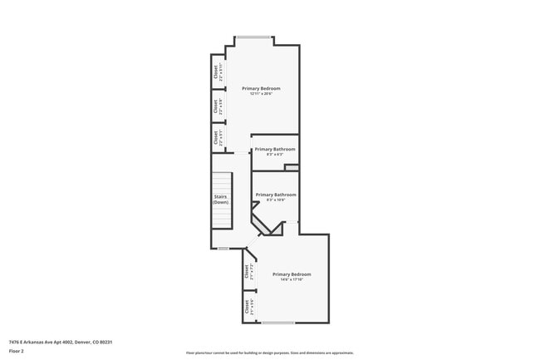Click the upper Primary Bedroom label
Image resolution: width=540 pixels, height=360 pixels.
click(x=261, y=88)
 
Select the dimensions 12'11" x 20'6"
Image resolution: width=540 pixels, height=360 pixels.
click(x=261, y=94)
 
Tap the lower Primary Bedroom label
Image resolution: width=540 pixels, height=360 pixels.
click(x=292, y=274)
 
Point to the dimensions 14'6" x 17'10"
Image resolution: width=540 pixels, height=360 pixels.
click(x=292, y=280)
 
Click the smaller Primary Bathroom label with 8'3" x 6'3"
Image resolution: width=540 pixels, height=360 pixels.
click(x=274, y=150)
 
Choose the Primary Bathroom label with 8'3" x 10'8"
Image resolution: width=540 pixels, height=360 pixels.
click(x=275, y=195)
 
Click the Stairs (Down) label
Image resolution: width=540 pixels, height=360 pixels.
click(x=220, y=200)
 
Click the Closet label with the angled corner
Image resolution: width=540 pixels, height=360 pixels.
click(x=247, y=271)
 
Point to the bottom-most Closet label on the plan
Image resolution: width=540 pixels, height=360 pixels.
click(x=247, y=308)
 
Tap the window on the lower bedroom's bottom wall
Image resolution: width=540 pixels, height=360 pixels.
click(x=277, y=323)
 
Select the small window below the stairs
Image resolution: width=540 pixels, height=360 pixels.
click(x=223, y=249)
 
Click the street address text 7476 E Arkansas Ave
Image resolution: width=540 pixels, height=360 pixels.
click(x=60, y=342)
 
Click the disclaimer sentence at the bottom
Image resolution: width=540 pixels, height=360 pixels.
click(x=269, y=353)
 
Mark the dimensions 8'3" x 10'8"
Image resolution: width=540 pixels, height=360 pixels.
click(x=275, y=200)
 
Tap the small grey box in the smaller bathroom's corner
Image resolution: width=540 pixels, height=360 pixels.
click(x=291, y=167)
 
